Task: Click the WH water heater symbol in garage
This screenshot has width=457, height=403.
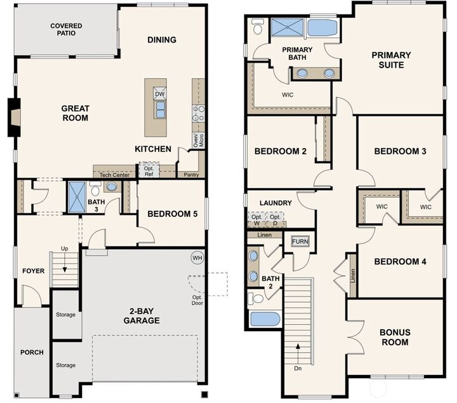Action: point(197,257)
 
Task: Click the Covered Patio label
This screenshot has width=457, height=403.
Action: point(66,29)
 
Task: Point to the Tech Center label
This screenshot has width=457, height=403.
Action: point(114,174)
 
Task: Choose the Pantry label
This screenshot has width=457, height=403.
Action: point(191,174)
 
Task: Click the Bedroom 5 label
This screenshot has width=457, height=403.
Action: point(172,214)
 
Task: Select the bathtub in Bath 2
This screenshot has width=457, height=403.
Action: point(265,318)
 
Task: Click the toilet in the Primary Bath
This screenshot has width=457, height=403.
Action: point(257,27)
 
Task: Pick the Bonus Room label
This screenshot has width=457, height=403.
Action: point(394,337)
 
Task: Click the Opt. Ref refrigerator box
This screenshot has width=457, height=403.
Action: point(149,170)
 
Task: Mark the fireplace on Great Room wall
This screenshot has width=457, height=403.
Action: point(13,118)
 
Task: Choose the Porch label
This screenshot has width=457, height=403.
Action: point(32,352)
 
